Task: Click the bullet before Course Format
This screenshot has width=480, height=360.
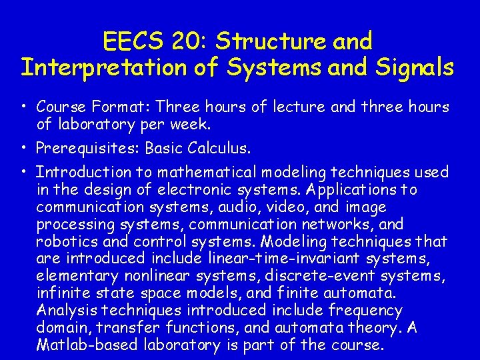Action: [23, 107]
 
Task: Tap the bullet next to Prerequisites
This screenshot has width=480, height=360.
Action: [23, 147]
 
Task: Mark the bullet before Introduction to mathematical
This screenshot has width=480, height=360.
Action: [23, 172]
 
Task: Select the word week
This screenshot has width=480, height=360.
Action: [192, 124]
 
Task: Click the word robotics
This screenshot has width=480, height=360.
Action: [66, 241]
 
